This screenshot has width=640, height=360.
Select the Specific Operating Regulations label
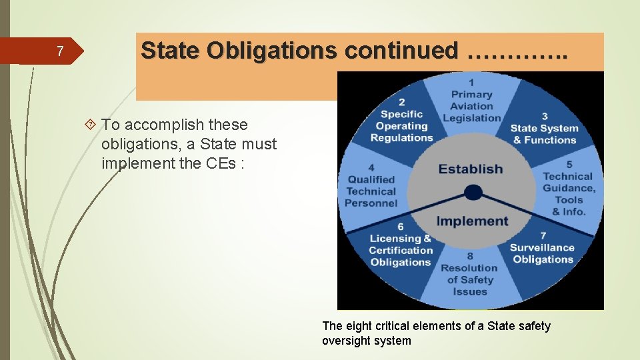coord(401,125)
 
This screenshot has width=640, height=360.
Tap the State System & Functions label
coord(544,133)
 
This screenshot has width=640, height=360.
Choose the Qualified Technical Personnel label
coord(372,191)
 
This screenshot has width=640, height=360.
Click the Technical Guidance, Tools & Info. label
coord(568,193)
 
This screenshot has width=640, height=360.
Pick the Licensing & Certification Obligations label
coord(400,249)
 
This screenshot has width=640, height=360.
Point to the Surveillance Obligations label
coord(543,253)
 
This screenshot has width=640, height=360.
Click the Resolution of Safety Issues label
coord(470,279)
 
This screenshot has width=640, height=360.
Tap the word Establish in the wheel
coord(471,169)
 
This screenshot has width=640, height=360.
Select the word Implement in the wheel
coord(472,221)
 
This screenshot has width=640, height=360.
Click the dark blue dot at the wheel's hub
coord(473,193)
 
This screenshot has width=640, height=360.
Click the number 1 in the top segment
coord(472,82)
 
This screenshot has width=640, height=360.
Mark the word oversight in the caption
coord(345,341)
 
